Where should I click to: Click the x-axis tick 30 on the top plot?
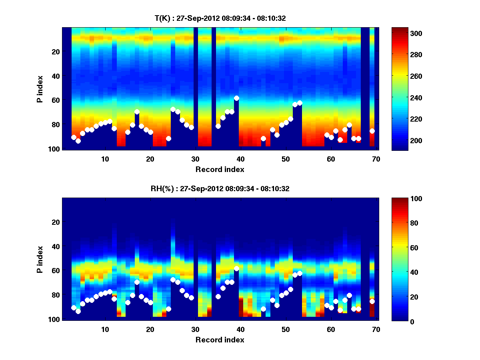click(x=195, y=159)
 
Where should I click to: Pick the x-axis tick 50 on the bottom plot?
click(x=286, y=329)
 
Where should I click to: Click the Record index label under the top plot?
click(x=220, y=169)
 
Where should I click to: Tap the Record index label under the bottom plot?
click(x=220, y=340)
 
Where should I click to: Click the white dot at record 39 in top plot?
click(x=236, y=98)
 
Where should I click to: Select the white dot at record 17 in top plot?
click(x=137, y=112)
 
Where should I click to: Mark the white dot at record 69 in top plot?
click(x=372, y=131)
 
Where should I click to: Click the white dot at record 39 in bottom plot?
click(x=236, y=268)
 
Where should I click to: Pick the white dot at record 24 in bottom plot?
click(x=168, y=309)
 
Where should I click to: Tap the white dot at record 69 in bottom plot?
click(x=372, y=301)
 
